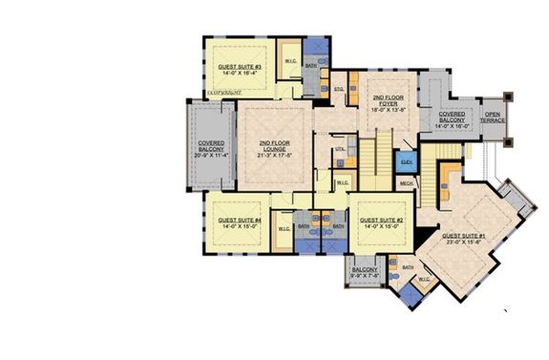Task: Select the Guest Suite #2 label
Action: click(380, 219)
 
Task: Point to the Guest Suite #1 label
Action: click(465, 234)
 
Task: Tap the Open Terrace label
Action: click(494, 116)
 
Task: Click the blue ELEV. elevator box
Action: click(406, 162)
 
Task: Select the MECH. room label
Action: click(406, 181)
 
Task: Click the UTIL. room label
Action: click(339, 150)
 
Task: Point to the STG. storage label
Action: click(338, 90)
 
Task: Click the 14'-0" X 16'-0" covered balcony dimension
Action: click(453, 124)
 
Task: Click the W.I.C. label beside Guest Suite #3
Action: click(289, 61)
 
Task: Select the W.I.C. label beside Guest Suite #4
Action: click(284, 229)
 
